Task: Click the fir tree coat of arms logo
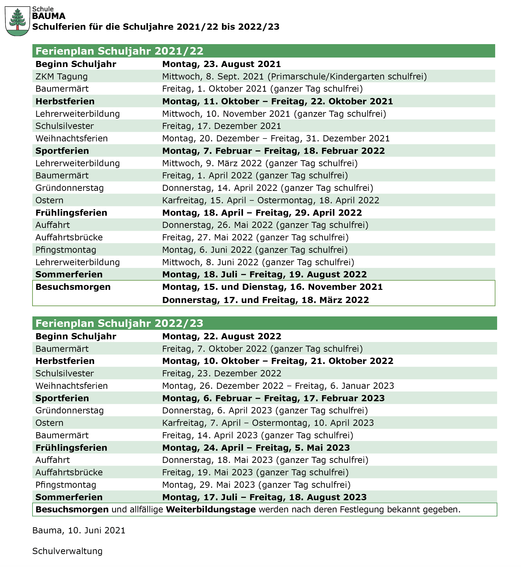tap(18, 21)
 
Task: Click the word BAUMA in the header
tap(49, 16)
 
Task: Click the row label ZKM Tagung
tap(61, 76)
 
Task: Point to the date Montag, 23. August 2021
tap(221, 64)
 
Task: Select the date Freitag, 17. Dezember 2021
tap(221, 126)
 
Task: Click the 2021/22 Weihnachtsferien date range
tap(276, 138)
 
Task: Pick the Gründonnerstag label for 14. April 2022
tap(69, 188)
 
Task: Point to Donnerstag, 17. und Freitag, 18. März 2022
tap(265, 300)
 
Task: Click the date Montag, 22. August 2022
tap(222, 336)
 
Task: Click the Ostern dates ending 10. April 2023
tap(268, 423)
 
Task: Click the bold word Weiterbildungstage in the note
tap(211, 510)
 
